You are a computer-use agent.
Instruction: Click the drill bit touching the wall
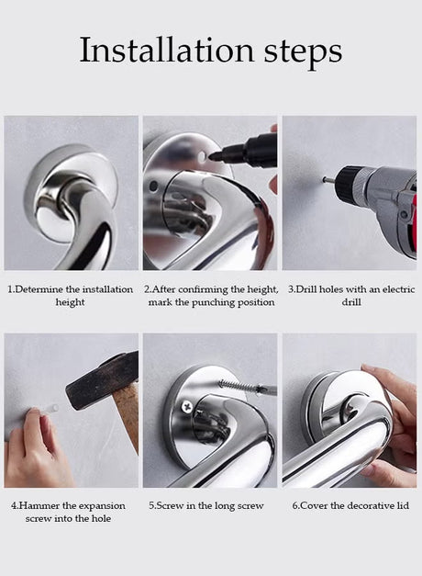click(x=330, y=180)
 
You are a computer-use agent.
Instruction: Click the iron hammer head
click(x=101, y=380)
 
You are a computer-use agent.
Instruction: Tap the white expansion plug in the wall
click(x=49, y=409)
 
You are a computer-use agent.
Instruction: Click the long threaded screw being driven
click(x=239, y=386)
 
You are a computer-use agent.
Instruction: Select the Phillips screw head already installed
click(x=187, y=406)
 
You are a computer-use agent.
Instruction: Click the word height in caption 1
click(x=70, y=302)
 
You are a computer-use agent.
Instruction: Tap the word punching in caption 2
click(x=213, y=302)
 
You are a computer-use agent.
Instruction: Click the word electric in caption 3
click(x=399, y=289)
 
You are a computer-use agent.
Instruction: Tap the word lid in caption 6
click(x=403, y=506)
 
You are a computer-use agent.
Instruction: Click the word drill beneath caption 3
click(x=351, y=302)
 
